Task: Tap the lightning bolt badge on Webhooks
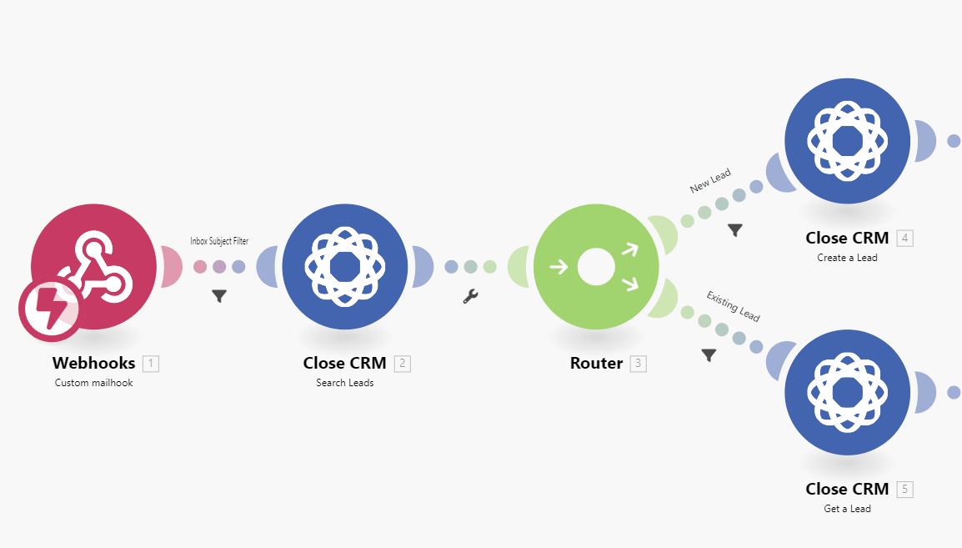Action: (50, 310)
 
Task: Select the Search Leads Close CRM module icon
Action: (345, 267)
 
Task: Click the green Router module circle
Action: (596, 267)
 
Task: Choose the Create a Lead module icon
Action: (847, 140)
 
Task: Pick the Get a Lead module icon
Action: (847, 392)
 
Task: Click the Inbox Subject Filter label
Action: (219, 241)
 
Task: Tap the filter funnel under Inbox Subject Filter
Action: (219, 295)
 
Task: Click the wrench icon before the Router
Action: (470, 296)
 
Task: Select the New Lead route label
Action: (710, 181)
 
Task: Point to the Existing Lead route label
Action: (733, 306)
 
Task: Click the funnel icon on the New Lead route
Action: (735, 230)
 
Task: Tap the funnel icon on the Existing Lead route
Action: (709, 355)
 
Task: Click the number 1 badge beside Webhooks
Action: (150, 364)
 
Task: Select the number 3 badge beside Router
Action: (638, 364)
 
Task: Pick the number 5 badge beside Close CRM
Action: (905, 490)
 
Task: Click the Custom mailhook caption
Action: (94, 383)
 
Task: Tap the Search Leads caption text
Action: (345, 383)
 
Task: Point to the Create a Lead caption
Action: (847, 258)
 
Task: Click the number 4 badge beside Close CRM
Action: (905, 239)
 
